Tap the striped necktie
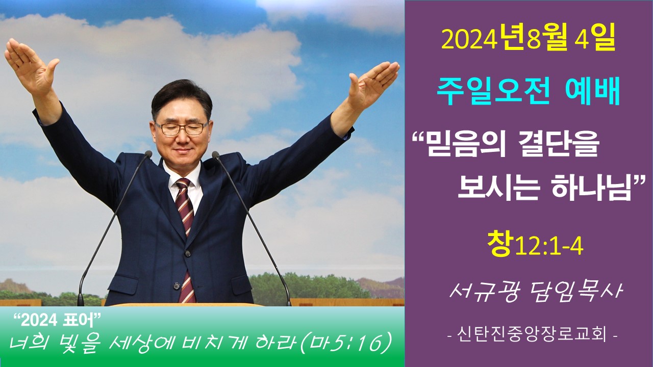(x=186, y=239)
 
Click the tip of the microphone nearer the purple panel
(x=216, y=154)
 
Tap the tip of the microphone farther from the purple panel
(x=148, y=154)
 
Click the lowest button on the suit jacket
(x=176, y=286)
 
